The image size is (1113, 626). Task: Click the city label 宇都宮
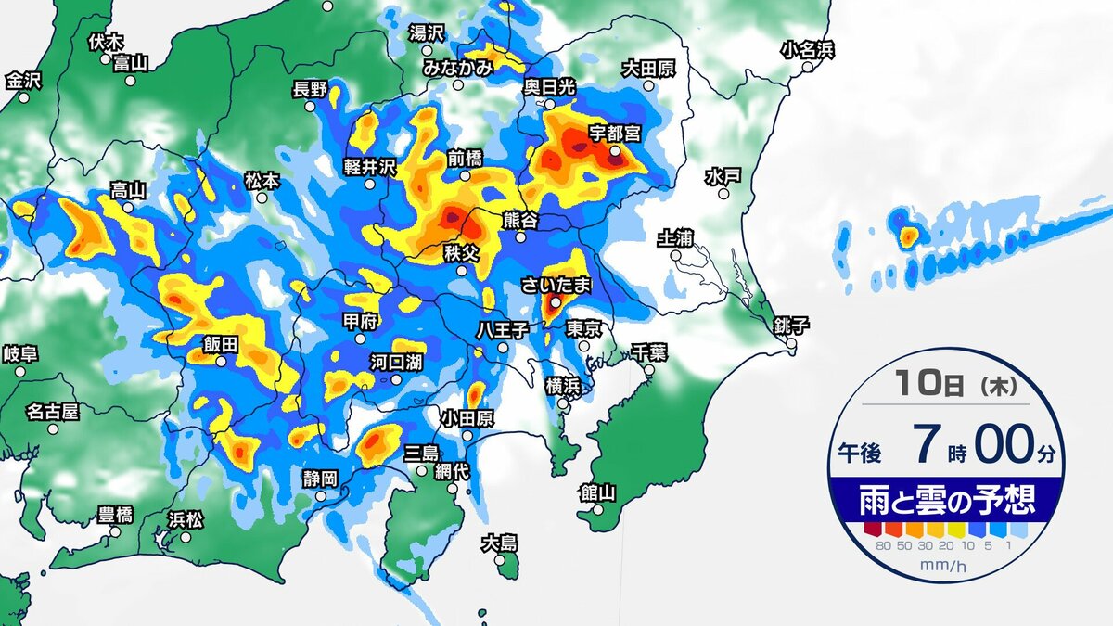tap(615, 133)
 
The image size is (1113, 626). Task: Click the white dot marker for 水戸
tap(721, 193)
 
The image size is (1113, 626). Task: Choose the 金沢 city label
tap(23, 81)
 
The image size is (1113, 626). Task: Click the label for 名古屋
tap(52, 411)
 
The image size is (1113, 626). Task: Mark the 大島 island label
tap(499, 543)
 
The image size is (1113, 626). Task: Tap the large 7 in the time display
tap(923, 444)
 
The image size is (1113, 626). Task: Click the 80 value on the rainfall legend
tap(881, 545)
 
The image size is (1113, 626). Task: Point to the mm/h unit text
tap(944, 564)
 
